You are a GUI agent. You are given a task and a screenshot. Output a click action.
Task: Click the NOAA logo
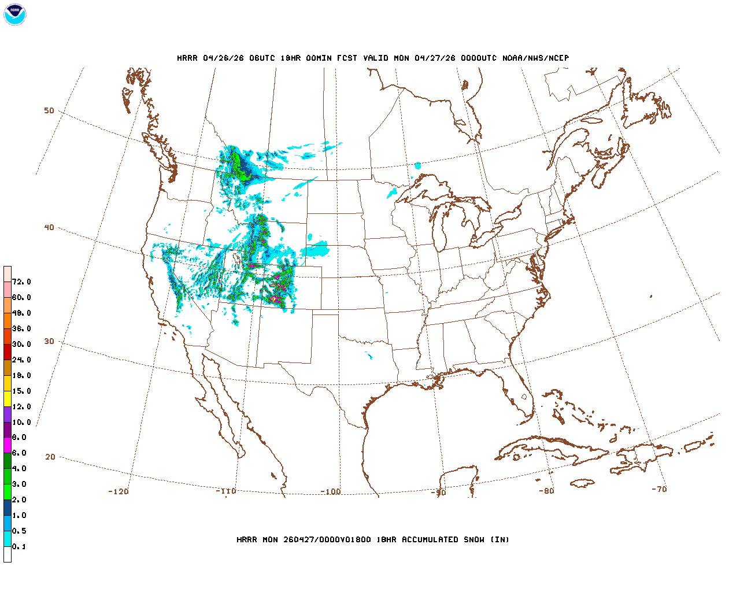(14, 14)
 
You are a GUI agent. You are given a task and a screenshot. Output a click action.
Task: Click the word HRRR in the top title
(187, 58)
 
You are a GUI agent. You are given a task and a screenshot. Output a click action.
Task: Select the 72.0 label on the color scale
(21, 282)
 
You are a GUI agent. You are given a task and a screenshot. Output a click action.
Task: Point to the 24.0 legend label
(21, 360)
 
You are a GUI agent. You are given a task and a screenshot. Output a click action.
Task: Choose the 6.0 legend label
(19, 453)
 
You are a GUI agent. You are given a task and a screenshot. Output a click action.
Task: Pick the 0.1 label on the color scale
(19, 547)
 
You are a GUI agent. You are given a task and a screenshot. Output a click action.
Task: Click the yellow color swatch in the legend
(8, 398)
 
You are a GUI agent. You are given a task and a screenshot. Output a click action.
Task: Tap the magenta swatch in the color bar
(8, 445)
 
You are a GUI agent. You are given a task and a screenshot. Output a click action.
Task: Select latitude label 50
(49, 110)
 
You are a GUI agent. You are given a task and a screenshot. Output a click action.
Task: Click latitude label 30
(49, 342)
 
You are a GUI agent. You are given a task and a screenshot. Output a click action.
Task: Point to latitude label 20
(50, 457)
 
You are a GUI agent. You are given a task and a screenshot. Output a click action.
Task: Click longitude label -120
(119, 492)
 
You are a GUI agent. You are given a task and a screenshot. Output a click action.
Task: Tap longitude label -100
(331, 492)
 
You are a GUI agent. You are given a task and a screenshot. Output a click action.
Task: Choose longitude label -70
(659, 489)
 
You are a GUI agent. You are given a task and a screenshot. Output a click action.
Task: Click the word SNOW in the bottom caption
(473, 540)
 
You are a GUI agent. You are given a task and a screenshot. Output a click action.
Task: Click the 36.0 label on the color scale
(21, 329)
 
